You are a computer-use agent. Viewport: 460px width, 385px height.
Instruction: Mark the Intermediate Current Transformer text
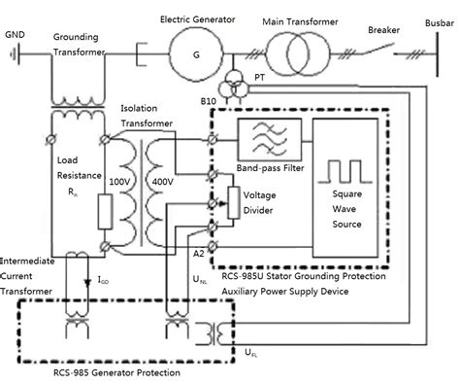point(33,278)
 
